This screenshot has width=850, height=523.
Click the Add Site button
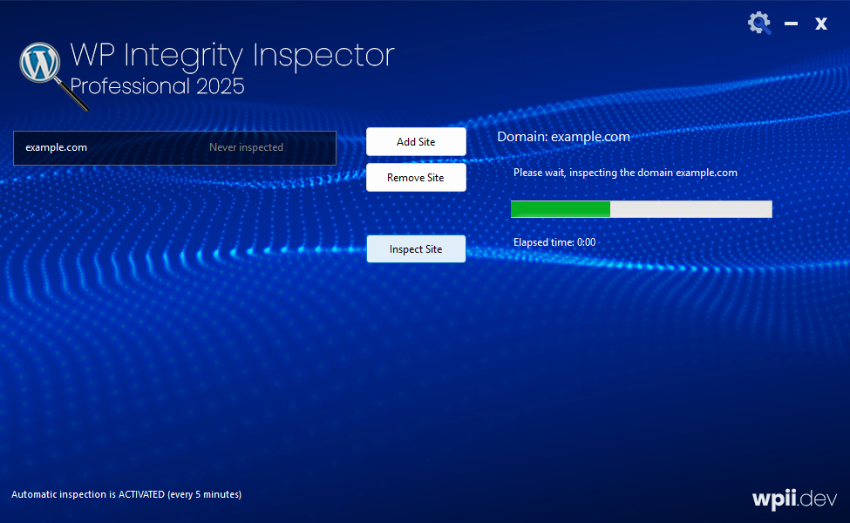coord(416,141)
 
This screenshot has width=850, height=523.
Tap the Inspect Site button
coord(416,249)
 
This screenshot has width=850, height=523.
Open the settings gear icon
coord(759,23)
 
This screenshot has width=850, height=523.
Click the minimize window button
coord(792,24)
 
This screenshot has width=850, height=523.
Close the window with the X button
coord(821,24)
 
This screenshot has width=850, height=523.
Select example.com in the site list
coord(57,147)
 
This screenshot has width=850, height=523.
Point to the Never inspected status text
coord(246,147)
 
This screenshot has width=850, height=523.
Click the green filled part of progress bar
coord(560,209)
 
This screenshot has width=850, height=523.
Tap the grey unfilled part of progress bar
coord(690,209)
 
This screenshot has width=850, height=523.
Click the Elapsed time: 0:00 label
coord(554,242)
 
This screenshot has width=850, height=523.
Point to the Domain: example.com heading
coord(563,136)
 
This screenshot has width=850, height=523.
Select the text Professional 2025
coord(157,86)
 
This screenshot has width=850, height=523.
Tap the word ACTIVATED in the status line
coord(141,494)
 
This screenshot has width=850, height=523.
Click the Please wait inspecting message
coord(625,173)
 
